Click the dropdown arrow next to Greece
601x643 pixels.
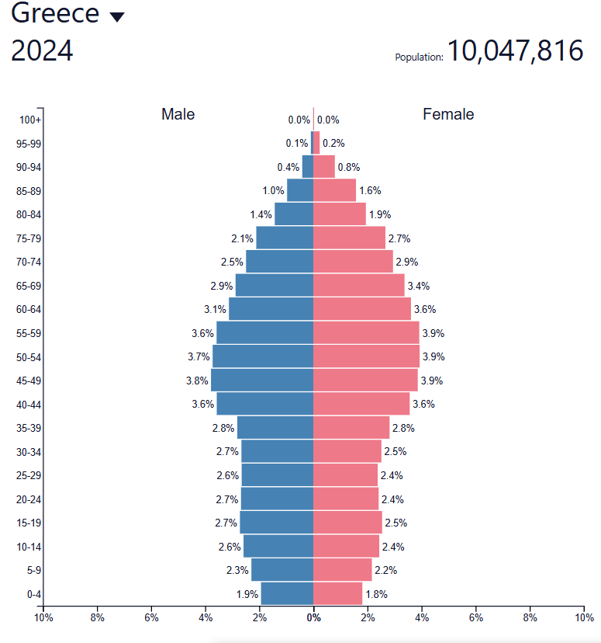[x=117, y=18]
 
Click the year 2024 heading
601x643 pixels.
[x=42, y=51]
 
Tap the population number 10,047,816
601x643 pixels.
[x=515, y=51]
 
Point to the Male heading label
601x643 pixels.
[x=178, y=114]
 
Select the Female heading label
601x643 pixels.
[x=448, y=114]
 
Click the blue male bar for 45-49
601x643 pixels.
[x=262, y=380]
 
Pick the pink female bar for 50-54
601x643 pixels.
[x=366, y=356]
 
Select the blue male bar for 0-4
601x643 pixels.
[x=287, y=593]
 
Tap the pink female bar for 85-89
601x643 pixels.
[x=334, y=190]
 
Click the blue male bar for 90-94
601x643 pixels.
[x=308, y=167]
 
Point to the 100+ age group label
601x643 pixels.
[x=31, y=120]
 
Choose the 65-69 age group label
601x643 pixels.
[x=29, y=286]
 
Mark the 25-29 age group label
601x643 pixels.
[x=29, y=475]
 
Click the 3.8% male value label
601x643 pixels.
[x=198, y=381]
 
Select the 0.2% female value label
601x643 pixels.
[x=333, y=143]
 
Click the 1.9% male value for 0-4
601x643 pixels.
[x=247, y=594]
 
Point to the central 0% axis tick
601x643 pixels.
[x=313, y=618]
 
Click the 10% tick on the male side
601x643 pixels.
[x=43, y=618]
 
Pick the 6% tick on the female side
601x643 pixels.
[x=475, y=618]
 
